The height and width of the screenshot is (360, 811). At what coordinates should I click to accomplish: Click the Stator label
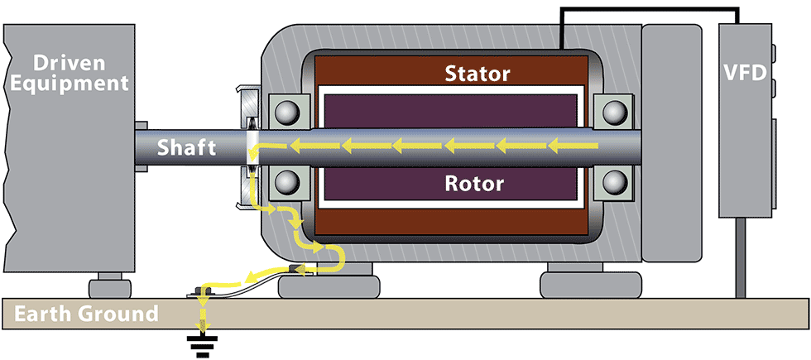point(477,74)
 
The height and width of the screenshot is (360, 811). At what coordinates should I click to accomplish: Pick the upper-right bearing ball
point(612,112)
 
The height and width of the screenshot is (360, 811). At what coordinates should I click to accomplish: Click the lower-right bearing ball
point(612,183)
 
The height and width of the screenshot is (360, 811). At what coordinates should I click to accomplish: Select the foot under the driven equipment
point(110,286)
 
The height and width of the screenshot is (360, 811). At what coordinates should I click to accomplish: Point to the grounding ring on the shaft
point(251,146)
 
